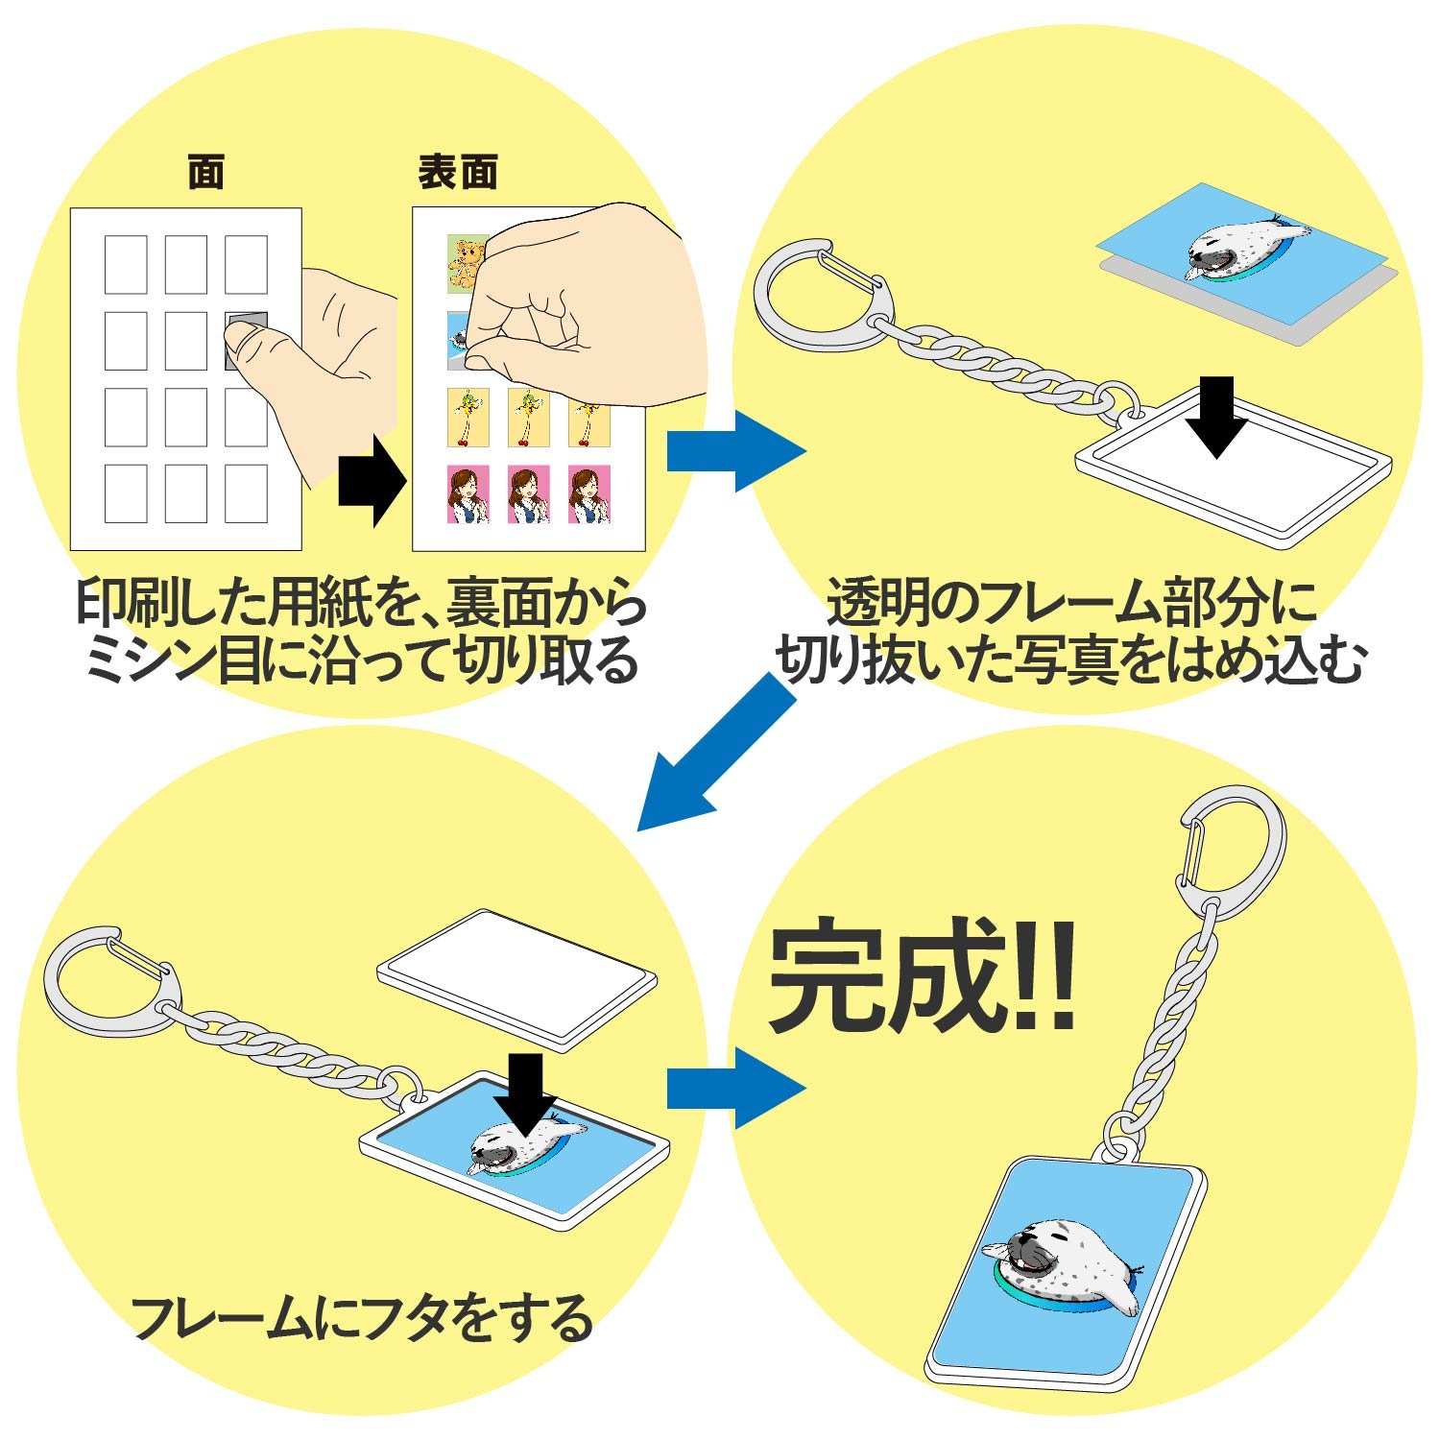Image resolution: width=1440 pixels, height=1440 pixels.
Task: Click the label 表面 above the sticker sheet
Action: click(x=458, y=173)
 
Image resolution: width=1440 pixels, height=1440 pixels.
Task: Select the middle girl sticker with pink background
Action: click(x=528, y=494)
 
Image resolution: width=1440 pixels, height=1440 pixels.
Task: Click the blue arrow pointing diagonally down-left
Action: click(x=718, y=751)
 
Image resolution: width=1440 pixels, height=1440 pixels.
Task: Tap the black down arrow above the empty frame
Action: click(x=1218, y=418)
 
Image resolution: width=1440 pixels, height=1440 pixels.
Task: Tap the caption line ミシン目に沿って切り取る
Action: click(x=362, y=661)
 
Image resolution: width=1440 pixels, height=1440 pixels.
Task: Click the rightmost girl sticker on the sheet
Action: click(x=588, y=494)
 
